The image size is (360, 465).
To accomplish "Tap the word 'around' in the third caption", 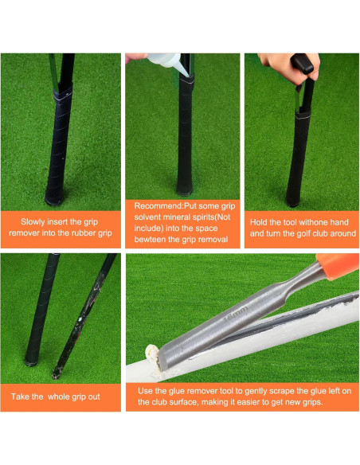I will click(x=334, y=233).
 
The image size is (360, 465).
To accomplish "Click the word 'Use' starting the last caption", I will click(x=147, y=391).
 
